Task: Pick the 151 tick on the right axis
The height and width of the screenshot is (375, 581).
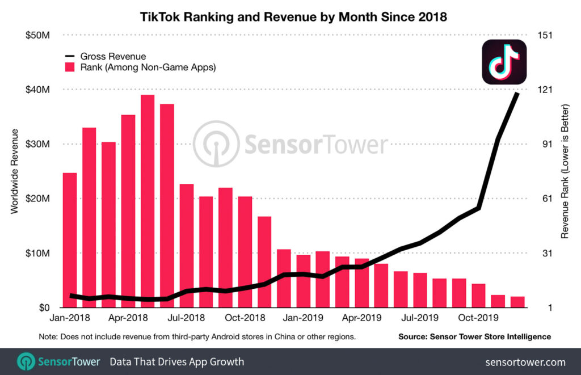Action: tap(536, 35)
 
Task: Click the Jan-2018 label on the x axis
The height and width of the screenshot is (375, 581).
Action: tap(69, 318)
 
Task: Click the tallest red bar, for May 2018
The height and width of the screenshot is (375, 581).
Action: tap(148, 201)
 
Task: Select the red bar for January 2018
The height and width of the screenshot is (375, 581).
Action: tap(70, 240)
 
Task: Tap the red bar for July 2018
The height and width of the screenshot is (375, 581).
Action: tap(187, 246)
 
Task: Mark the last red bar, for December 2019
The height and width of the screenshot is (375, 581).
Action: tap(517, 302)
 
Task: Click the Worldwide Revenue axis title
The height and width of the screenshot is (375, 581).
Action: tap(15, 171)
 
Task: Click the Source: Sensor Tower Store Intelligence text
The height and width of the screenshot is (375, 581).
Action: tap(474, 336)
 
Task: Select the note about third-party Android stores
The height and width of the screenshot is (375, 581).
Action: tap(197, 336)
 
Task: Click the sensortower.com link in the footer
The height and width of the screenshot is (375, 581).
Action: tap(525, 362)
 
